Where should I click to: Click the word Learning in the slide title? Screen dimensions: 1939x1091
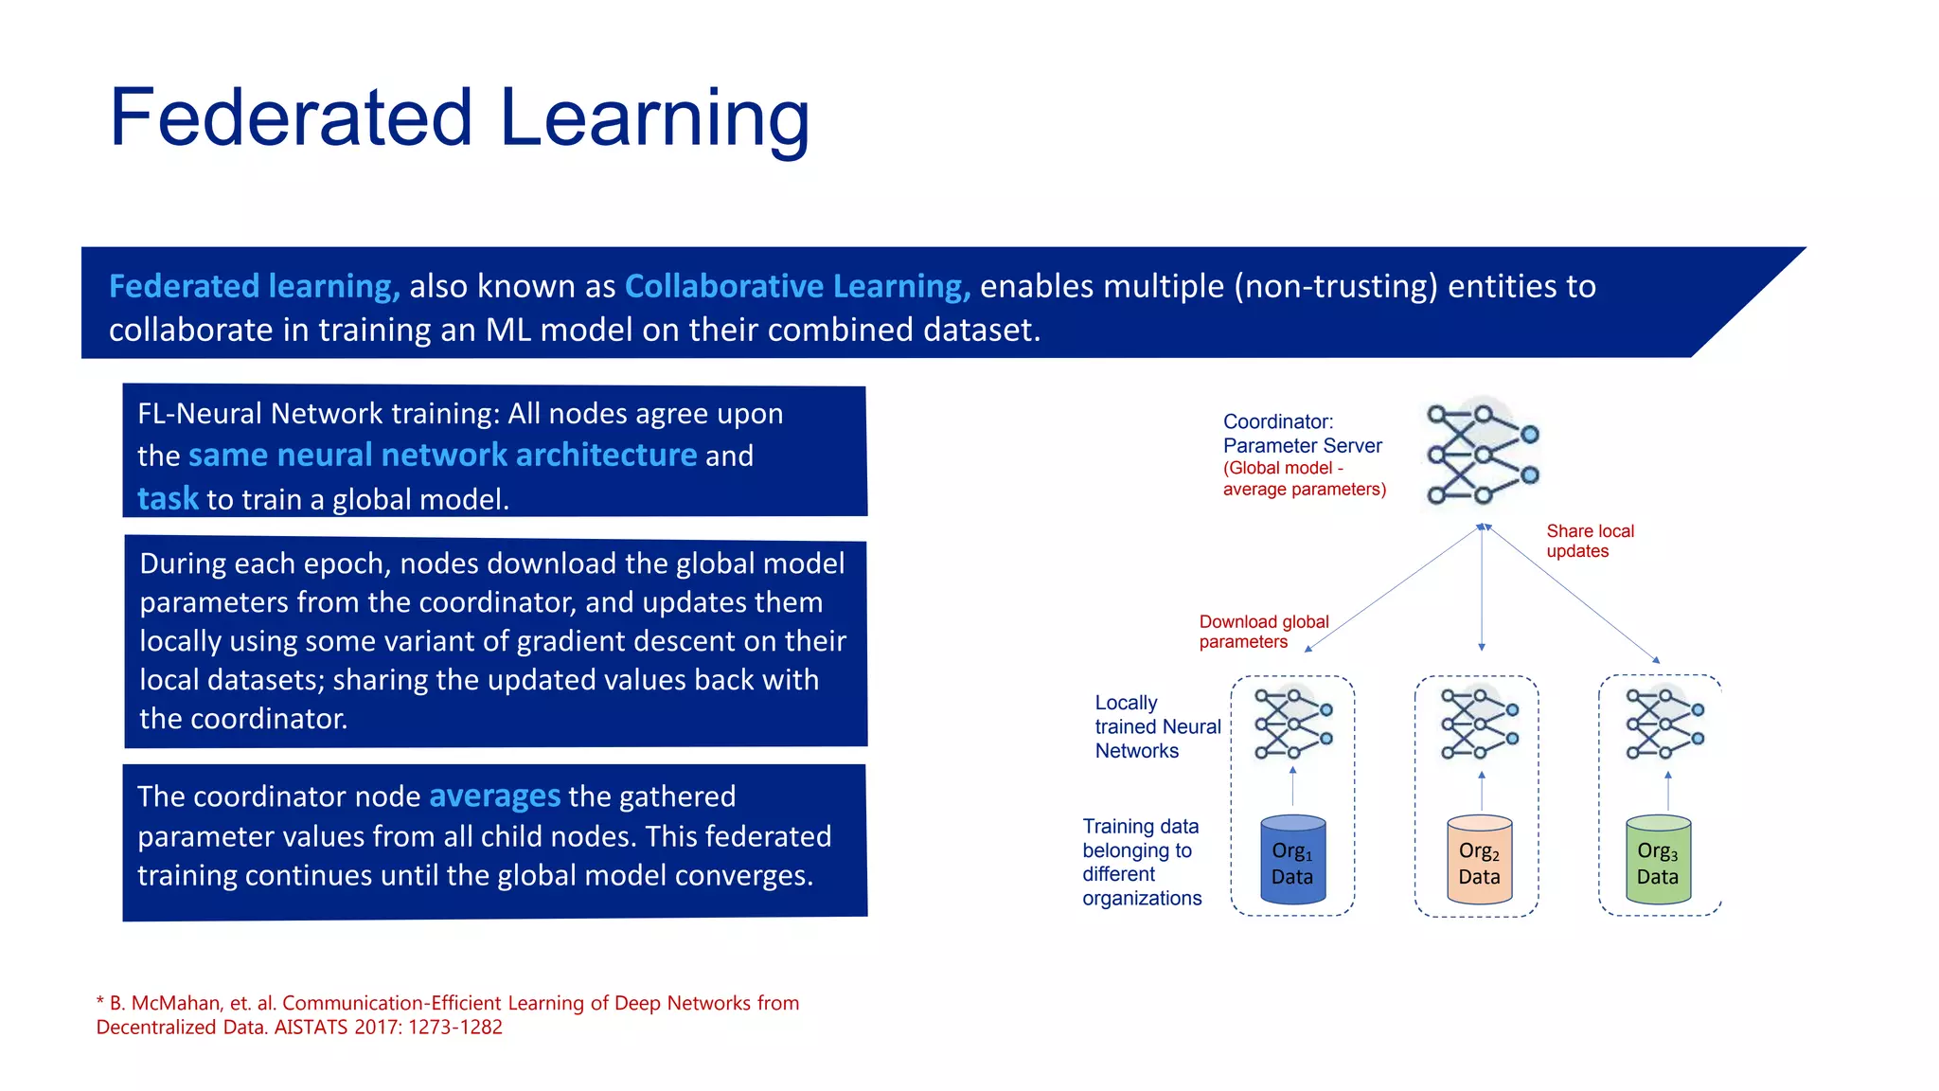click(x=654, y=121)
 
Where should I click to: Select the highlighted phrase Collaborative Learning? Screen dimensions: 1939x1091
click(x=798, y=286)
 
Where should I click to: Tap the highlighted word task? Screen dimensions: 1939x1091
click(x=168, y=498)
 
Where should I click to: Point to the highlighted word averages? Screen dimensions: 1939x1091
click(x=495, y=796)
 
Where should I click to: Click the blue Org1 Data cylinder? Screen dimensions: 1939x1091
click(x=1293, y=860)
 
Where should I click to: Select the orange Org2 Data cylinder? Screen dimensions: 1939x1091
click(x=1480, y=860)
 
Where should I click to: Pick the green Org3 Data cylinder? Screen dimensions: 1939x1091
click(x=1659, y=860)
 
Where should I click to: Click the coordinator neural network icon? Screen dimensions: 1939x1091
click(x=1483, y=455)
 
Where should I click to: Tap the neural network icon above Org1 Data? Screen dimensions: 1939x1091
click(x=1293, y=724)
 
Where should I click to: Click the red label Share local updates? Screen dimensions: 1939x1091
click(x=1591, y=541)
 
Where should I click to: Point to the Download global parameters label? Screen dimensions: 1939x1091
click(x=1264, y=632)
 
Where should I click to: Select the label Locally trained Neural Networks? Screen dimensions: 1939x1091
click(x=1158, y=726)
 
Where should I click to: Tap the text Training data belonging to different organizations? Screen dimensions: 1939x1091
click(x=1142, y=862)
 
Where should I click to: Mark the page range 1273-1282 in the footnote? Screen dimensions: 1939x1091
click(x=455, y=1028)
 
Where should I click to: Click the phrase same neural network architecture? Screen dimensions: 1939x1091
click(x=443, y=456)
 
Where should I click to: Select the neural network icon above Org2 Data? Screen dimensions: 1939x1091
click(x=1480, y=724)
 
